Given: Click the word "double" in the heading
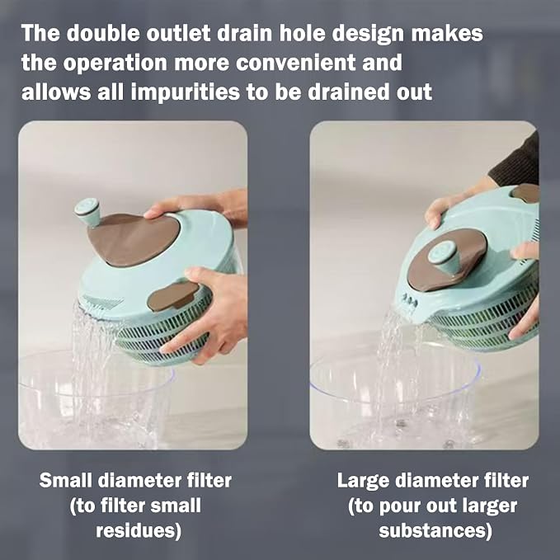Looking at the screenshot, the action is click(x=103, y=33).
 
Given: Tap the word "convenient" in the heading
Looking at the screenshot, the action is click(x=296, y=63).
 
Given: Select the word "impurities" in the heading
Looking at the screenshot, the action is click(x=186, y=92).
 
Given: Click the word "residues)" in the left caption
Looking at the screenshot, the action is click(x=139, y=530).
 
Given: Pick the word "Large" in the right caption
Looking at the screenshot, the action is click(x=364, y=481).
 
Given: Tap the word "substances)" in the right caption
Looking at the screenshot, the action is click(x=435, y=530).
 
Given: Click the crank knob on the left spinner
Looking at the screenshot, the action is click(x=87, y=211).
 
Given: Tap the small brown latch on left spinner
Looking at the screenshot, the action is click(x=172, y=296).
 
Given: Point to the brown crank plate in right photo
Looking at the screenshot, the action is click(x=446, y=259).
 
